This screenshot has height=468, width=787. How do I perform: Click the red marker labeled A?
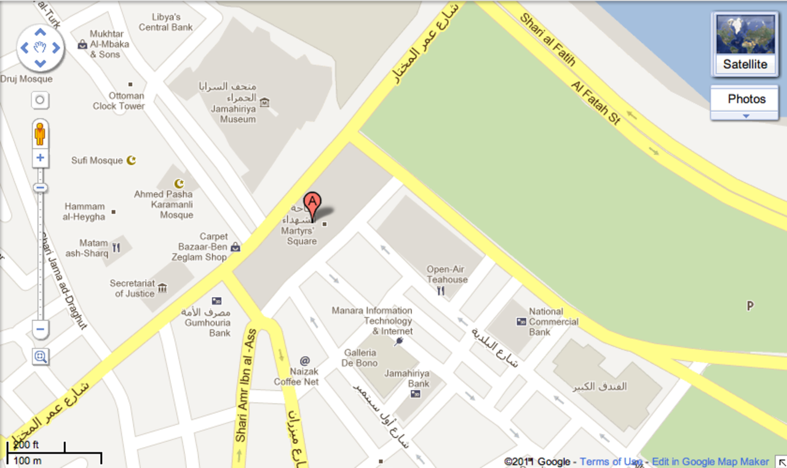click(x=312, y=204)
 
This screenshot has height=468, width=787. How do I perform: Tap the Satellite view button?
click(x=745, y=45)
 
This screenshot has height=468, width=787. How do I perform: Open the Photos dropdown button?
click(x=746, y=103)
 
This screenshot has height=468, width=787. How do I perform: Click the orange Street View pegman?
click(x=40, y=133)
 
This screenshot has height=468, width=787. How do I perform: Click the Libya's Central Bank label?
click(x=166, y=22)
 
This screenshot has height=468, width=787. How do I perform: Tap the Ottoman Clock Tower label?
click(x=119, y=101)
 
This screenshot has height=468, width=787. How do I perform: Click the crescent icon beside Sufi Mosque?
click(x=130, y=161)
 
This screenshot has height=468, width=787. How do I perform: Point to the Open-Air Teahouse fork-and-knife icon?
click(x=441, y=291)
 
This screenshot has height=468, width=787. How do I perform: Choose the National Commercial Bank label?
click(x=553, y=322)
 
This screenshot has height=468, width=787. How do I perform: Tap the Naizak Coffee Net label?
click(x=296, y=376)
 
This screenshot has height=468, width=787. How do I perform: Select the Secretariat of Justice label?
click(x=132, y=288)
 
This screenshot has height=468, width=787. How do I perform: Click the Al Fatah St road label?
click(x=595, y=102)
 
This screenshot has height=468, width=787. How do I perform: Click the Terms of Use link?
click(x=611, y=462)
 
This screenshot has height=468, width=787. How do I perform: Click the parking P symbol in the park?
click(x=749, y=306)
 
